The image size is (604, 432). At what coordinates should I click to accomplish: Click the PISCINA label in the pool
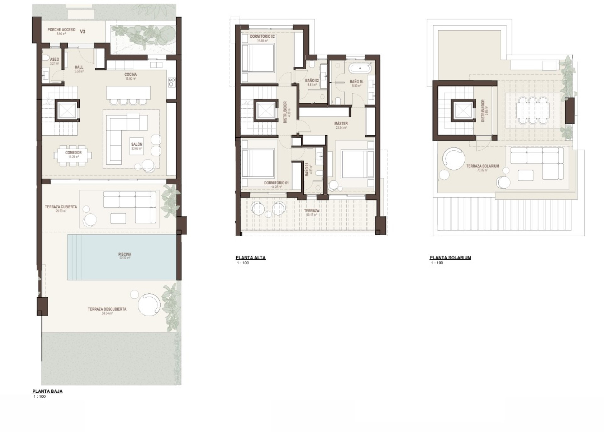tap(125, 254)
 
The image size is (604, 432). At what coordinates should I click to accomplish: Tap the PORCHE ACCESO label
tap(61, 30)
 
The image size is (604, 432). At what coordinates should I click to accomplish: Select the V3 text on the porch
tap(82, 31)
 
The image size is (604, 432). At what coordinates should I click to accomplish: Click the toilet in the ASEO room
tap(46, 58)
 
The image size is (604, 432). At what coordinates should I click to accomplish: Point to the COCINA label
tap(130, 75)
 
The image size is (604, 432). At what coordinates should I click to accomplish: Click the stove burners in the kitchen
tap(172, 82)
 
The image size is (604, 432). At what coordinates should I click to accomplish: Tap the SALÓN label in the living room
tap(137, 144)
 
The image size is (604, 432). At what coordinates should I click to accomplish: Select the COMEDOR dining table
tap(73, 155)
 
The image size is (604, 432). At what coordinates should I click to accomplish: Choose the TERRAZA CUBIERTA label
tap(61, 207)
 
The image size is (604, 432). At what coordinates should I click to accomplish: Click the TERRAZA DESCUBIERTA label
tap(107, 309)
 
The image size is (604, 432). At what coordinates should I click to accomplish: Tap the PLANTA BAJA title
tap(48, 391)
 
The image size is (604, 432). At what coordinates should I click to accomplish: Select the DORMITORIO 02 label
tap(262, 37)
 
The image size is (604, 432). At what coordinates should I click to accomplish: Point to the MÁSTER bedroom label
tap(341, 124)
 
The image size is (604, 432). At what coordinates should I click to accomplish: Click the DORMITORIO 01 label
tap(276, 183)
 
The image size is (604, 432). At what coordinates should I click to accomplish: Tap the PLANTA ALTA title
tap(250, 257)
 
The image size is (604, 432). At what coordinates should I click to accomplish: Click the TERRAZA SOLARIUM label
tap(482, 166)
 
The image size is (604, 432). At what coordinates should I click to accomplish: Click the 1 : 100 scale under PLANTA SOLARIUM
tap(437, 263)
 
